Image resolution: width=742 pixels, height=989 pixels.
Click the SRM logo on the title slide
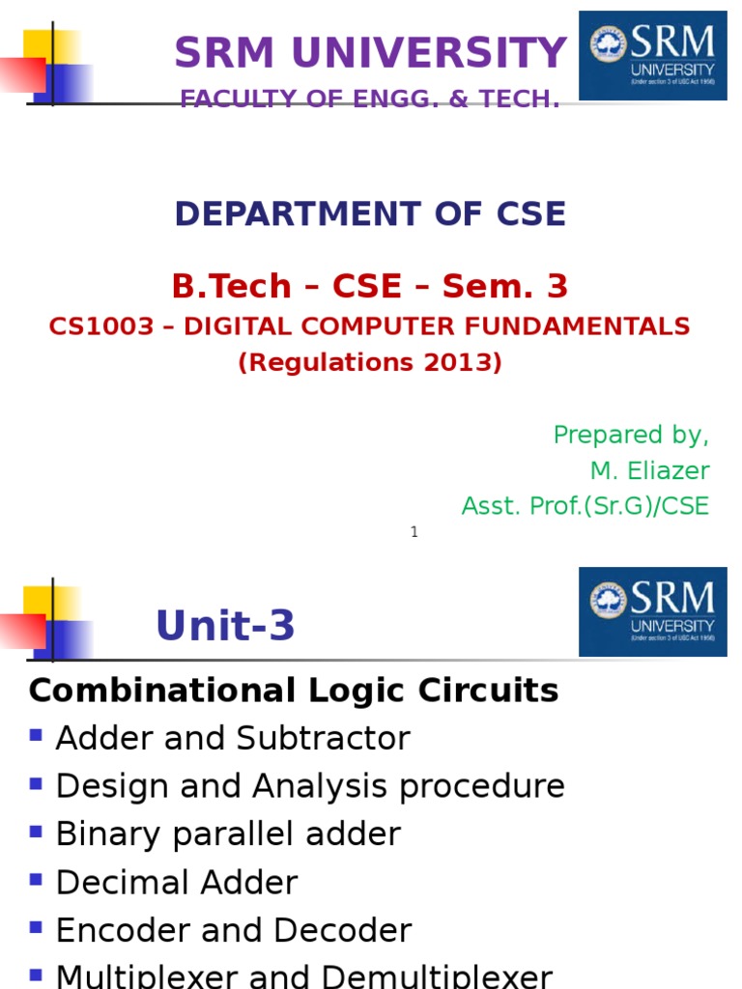[652, 55]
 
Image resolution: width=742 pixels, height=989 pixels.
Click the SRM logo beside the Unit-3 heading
[652, 611]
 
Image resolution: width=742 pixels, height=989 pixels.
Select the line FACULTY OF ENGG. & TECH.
[370, 99]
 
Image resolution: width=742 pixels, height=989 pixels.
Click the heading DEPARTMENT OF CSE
[370, 213]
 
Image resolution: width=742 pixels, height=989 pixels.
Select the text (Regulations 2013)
[370, 363]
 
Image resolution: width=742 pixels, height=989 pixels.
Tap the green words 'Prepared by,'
[631, 435]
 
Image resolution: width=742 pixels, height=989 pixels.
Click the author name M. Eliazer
[649, 470]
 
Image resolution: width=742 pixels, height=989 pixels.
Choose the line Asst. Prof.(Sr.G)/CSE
[585, 505]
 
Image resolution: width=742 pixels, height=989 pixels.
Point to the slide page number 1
[414, 532]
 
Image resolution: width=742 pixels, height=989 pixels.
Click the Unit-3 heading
[225, 627]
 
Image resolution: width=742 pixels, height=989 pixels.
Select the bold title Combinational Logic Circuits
[294, 691]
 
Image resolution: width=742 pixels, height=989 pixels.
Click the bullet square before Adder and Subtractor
[37, 735]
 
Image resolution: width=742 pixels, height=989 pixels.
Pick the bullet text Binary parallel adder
[228, 834]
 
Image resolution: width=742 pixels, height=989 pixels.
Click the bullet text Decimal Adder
[177, 883]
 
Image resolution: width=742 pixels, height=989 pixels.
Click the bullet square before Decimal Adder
[37, 880]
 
